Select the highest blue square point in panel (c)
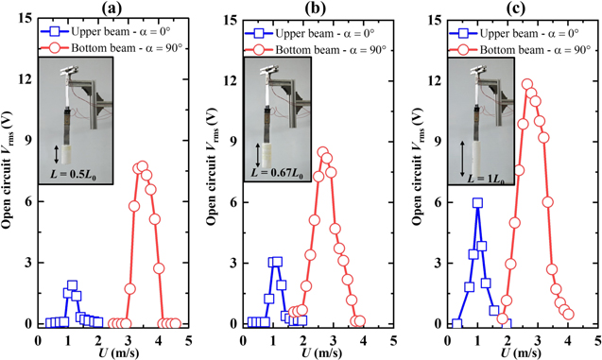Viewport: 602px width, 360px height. point(477,203)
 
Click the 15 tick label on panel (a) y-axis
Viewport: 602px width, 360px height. point(25,19)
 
